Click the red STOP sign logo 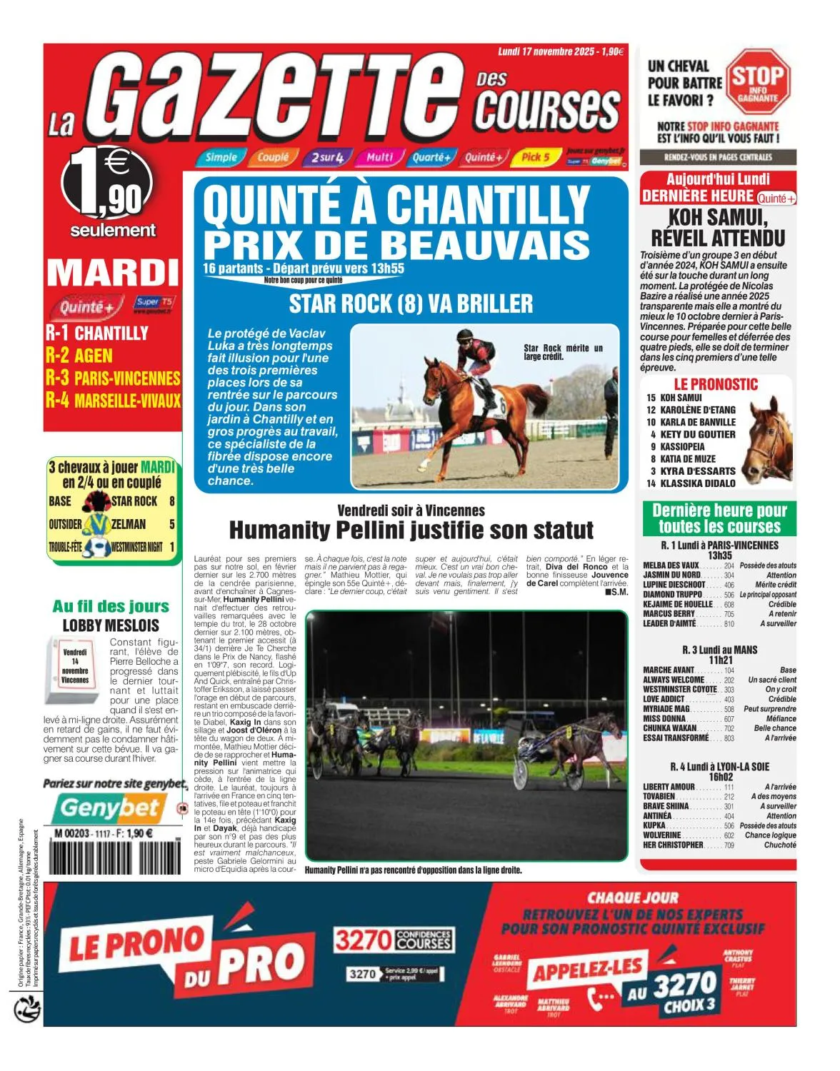[758, 81]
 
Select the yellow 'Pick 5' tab [535, 157]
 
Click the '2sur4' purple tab [327, 157]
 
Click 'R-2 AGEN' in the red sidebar [79, 355]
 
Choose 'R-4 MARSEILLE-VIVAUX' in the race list [113, 400]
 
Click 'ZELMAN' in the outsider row [129, 524]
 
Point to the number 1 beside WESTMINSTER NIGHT [172, 548]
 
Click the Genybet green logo [109, 808]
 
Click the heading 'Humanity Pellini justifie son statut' [411, 531]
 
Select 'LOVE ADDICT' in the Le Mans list [664, 699]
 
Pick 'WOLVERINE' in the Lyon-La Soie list [662, 835]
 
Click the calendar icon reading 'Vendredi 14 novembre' [75, 666]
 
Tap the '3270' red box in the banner [362, 940]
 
